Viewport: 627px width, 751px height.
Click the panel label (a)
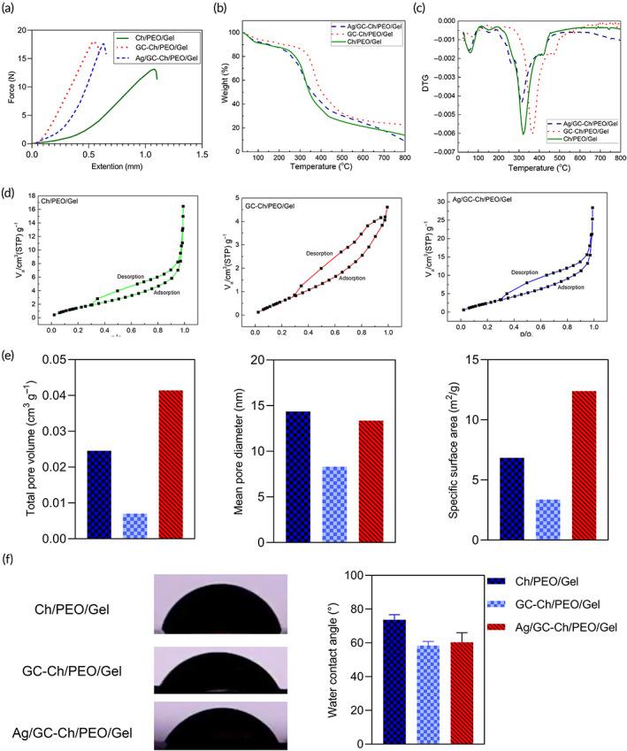tap(11, 9)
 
